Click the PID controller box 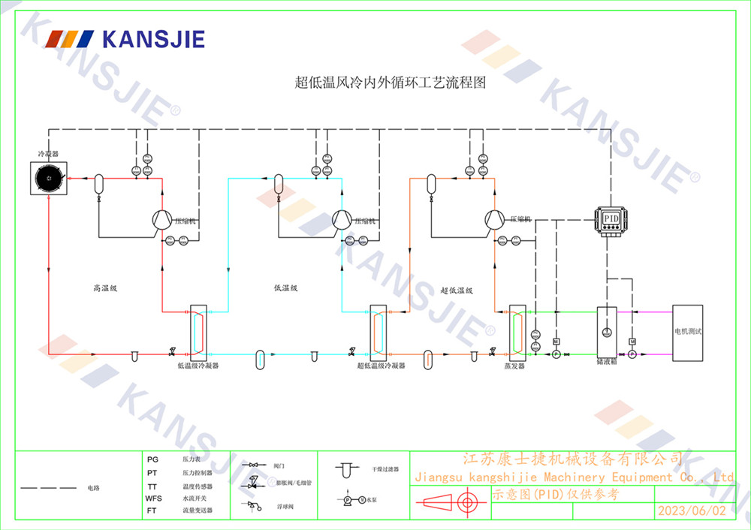pyautogui.click(x=609, y=219)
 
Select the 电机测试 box pyautogui.click(x=687, y=331)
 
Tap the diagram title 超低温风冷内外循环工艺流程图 pyautogui.click(x=390, y=83)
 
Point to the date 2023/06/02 pyautogui.click(x=692, y=511)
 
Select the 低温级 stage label pyautogui.click(x=286, y=288)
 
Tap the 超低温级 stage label pyautogui.click(x=456, y=290)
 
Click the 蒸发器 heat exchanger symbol pyautogui.click(x=517, y=331)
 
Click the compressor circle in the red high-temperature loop pyautogui.click(x=162, y=219)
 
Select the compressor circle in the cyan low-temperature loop pyautogui.click(x=342, y=219)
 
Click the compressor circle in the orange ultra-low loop pyautogui.click(x=494, y=219)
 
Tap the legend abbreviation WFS pyautogui.click(x=153, y=498)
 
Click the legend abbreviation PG pyautogui.click(x=152, y=459)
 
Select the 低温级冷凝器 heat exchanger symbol pyautogui.click(x=198, y=330)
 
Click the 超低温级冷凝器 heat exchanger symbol pyautogui.click(x=378, y=330)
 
